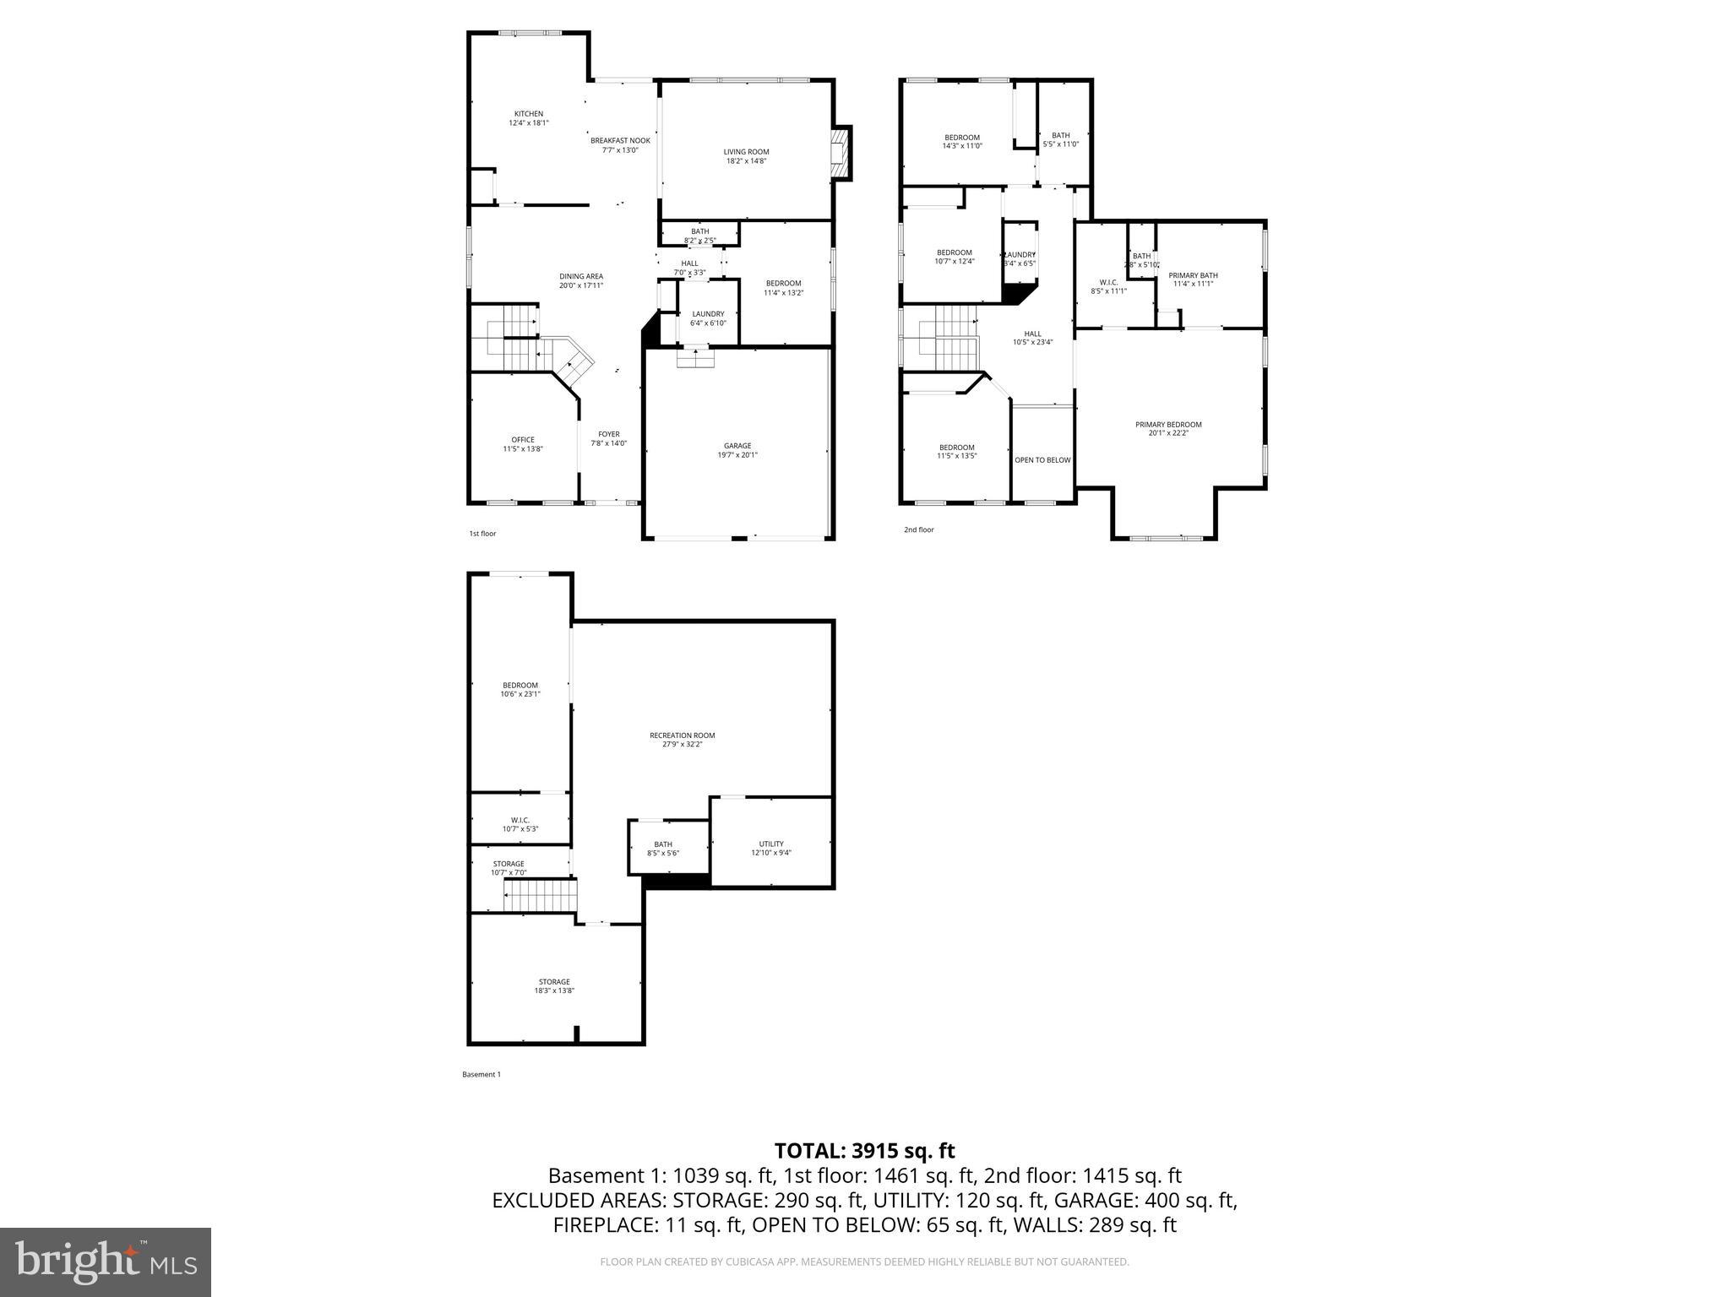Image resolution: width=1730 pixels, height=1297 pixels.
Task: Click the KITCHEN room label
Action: (x=529, y=114)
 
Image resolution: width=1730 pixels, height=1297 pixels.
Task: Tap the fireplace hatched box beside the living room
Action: (x=841, y=154)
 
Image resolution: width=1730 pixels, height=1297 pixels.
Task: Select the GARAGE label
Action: (x=737, y=446)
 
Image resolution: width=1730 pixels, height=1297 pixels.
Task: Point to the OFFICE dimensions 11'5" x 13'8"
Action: (x=523, y=449)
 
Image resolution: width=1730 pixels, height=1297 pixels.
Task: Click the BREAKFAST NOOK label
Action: (x=620, y=141)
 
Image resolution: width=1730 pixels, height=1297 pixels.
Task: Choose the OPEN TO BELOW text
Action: (x=1042, y=460)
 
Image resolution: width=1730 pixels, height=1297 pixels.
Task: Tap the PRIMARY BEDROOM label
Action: (x=1168, y=425)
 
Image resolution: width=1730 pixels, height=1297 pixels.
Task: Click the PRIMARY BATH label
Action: (x=1193, y=275)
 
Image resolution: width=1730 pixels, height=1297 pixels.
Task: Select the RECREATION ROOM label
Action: (x=682, y=735)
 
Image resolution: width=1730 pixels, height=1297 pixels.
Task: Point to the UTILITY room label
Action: (x=770, y=844)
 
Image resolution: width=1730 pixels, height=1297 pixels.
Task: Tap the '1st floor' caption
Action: (x=482, y=534)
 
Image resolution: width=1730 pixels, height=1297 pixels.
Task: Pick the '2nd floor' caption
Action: (x=918, y=530)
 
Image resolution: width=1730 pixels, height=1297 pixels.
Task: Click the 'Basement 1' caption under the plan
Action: (x=481, y=1075)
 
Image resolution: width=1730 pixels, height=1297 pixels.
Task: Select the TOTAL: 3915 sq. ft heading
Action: (x=864, y=1151)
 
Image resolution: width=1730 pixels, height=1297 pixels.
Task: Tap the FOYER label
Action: (x=608, y=434)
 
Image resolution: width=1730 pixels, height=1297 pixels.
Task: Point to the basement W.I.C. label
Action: (x=520, y=820)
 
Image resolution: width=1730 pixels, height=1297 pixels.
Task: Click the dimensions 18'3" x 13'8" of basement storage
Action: (x=554, y=990)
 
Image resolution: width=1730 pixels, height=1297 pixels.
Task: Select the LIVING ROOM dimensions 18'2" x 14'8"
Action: (x=746, y=160)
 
